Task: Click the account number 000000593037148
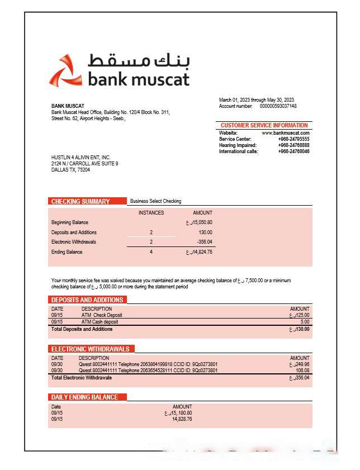coord(278,106)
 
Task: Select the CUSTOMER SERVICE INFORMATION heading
coord(264,126)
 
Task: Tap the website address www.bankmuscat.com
coord(286,133)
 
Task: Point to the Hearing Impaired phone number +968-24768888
coord(293,145)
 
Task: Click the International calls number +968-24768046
coord(293,151)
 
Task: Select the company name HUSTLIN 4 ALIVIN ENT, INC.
coord(81,158)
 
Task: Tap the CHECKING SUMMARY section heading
coord(80,201)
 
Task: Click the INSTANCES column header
coord(151,213)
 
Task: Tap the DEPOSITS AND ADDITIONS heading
coord(87,300)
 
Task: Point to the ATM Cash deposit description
coord(100,322)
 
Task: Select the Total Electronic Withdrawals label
coord(82,378)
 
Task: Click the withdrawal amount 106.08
coord(302,371)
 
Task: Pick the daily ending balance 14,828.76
coord(182,419)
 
